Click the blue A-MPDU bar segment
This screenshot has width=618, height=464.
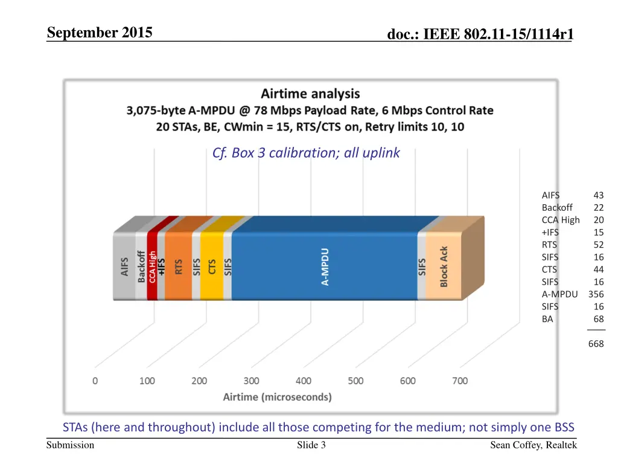pyautogui.click(x=325, y=266)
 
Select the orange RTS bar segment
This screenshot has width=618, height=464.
pyautogui.click(x=179, y=266)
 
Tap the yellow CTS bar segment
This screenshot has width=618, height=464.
pyautogui.click(x=212, y=266)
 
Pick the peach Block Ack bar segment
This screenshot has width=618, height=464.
pyautogui.click(x=444, y=266)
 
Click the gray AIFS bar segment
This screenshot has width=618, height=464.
pyautogui.click(x=124, y=266)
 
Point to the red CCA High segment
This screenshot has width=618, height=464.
pyautogui.click(x=152, y=266)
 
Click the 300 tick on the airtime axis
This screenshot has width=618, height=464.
pyautogui.click(x=251, y=381)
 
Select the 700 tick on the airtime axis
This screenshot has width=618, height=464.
pyautogui.click(x=460, y=381)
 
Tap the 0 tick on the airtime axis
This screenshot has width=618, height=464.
pyautogui.click(x=95, y=381)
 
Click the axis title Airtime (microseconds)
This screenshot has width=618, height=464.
pyautogui.click(x=277, y=397)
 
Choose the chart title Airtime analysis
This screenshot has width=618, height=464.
pyautogui.click(x=310, y=94)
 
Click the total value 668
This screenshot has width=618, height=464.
pyautogui.click(x=596, y=344)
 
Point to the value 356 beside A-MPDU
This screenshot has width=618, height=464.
pyautogui.click(x=596, y=294)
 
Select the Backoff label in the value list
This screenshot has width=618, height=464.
pyautogui.click(x=557, y=208)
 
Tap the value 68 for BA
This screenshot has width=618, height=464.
pyautogui.click(x=598, y=319)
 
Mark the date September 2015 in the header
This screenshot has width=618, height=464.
pyautogui.click(x=100, y=33)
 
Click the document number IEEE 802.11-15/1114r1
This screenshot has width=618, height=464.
pyautogui.click(x=480, y=35)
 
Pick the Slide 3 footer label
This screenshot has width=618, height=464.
pyautogui.click(x=311, y=445)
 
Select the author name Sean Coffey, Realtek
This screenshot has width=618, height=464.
pyautogui.click(x=534, y=445)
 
